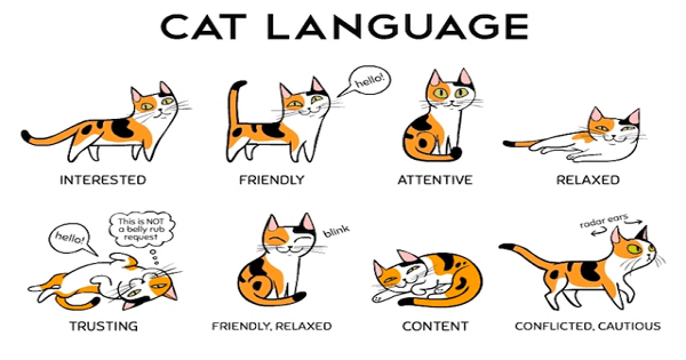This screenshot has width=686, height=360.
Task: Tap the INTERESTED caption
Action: [103, 180]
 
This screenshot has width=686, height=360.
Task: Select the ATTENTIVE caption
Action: [435, 180]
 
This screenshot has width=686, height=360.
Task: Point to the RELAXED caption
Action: [588, 180]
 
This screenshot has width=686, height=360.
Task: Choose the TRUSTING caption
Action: [103, 326]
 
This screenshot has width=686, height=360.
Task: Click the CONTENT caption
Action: [435, 326]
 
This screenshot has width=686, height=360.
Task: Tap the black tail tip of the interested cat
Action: [25, 135]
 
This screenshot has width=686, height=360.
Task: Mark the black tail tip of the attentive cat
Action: [457, 153]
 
